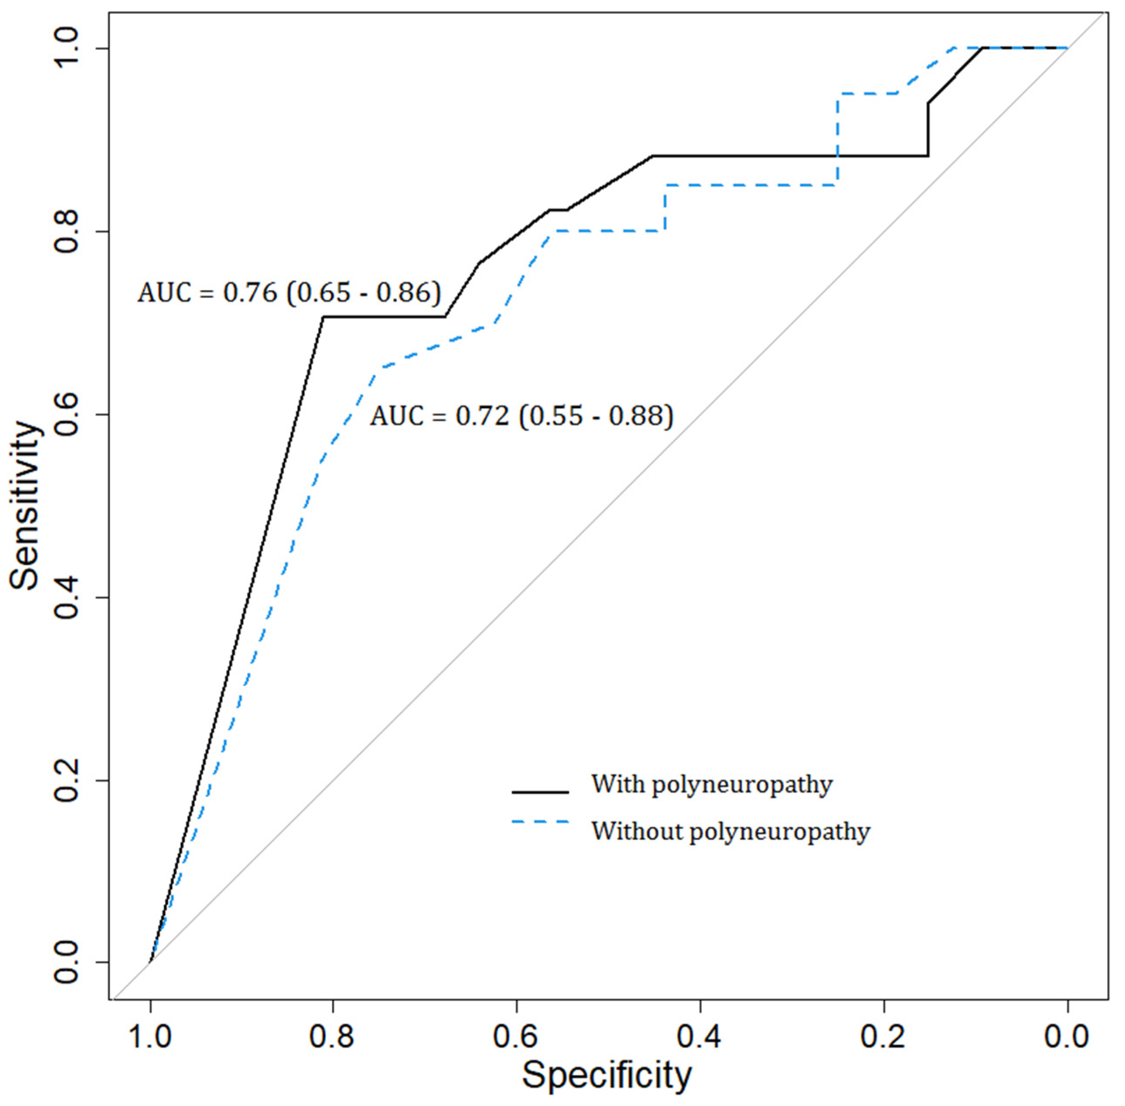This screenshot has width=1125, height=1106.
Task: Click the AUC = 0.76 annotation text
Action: click(289, 293)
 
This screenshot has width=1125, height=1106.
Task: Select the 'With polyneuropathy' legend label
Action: click(711, 784)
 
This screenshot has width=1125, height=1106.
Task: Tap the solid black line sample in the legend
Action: click(540, 792)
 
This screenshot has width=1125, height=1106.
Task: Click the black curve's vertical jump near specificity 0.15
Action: click(928, 129)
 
